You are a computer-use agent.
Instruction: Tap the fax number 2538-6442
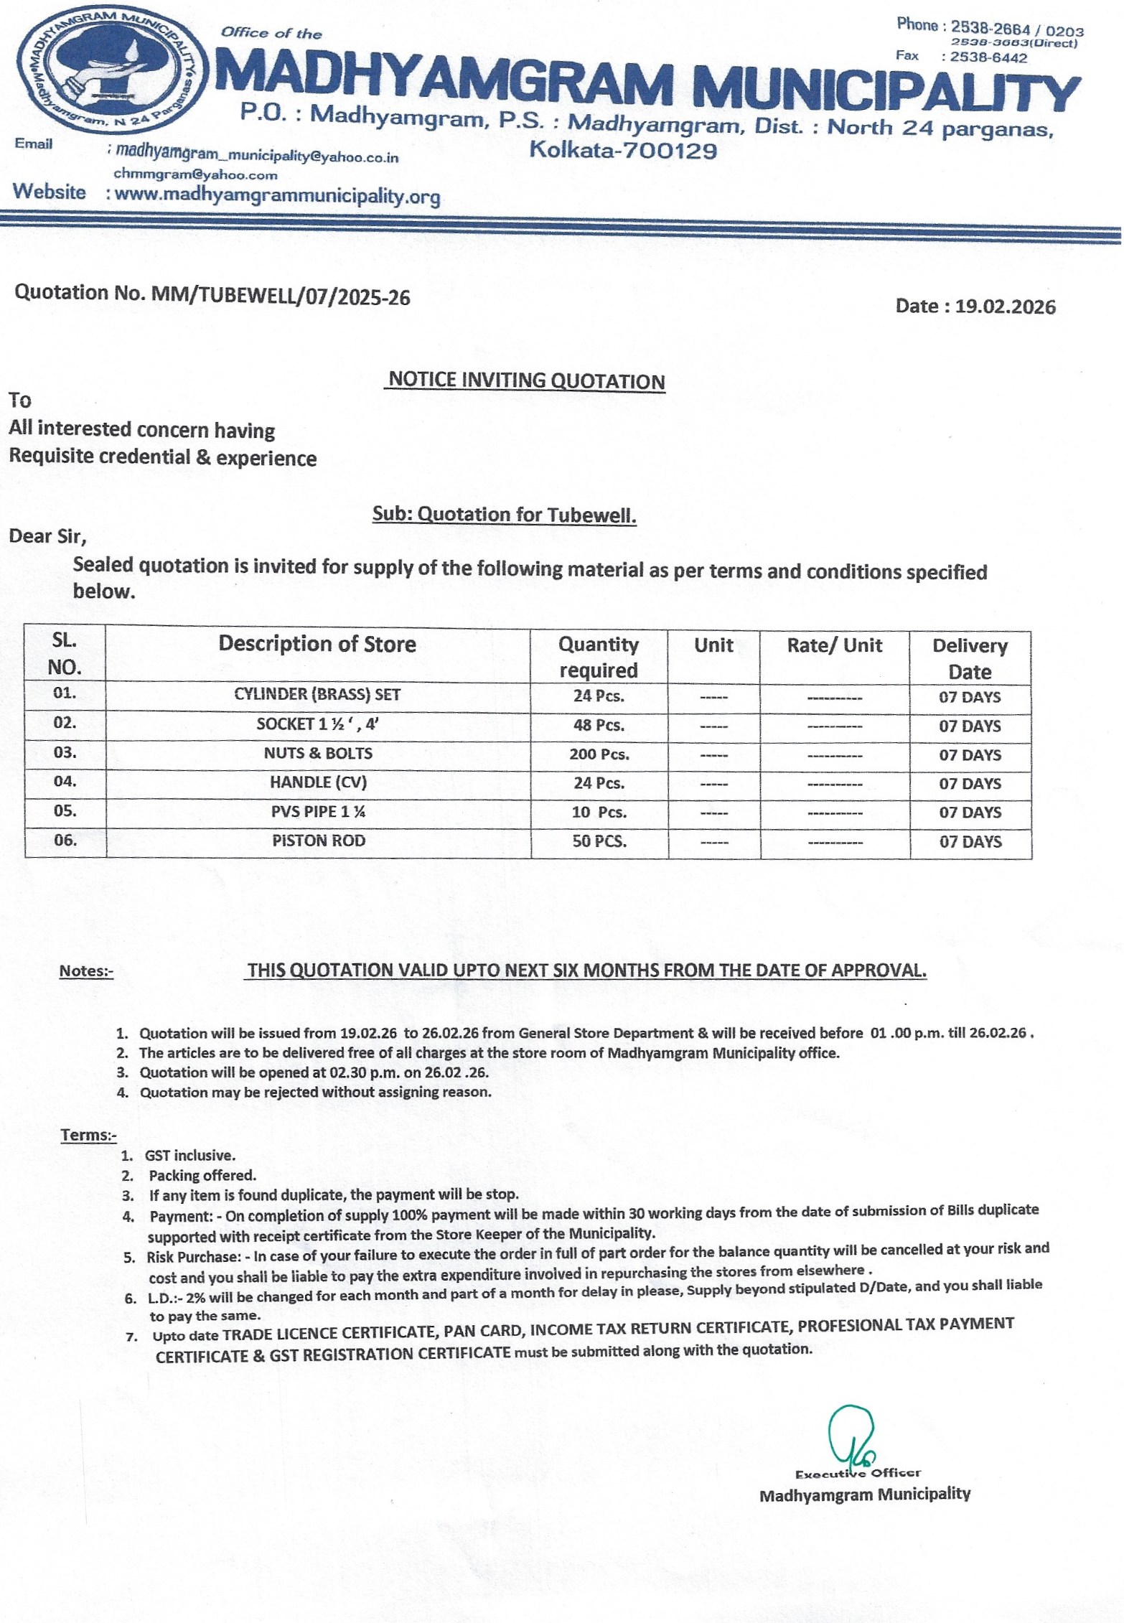[x=988, y=58]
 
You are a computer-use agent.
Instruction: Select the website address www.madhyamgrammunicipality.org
[x=277, y=195]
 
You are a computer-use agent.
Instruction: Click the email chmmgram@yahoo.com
[x=195, y=174]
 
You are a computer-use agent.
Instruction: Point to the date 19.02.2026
[x=1005, y=307]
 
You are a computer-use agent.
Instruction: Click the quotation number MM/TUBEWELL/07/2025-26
[x=281, y=296]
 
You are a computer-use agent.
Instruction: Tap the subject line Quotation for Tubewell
[x=504, y=515]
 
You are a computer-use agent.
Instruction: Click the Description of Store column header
[x=317, y=644]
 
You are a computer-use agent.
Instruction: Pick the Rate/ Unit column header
[x=834, y=645]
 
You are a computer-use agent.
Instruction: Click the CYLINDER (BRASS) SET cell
[x=317, y=695]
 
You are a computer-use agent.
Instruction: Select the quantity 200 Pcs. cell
[x=599, y=754]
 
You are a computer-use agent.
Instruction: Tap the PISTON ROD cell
[x=318, y=841]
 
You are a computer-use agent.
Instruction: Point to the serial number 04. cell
[x=65, y=781]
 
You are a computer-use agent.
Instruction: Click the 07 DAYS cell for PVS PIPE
[x=970, y=813]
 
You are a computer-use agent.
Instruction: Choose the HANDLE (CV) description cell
[x=318, y=782]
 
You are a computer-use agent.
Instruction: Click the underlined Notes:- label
[x=86, y=971]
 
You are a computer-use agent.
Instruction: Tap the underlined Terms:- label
[x=88, y=1135]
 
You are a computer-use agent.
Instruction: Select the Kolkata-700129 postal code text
[x=623, y=151]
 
